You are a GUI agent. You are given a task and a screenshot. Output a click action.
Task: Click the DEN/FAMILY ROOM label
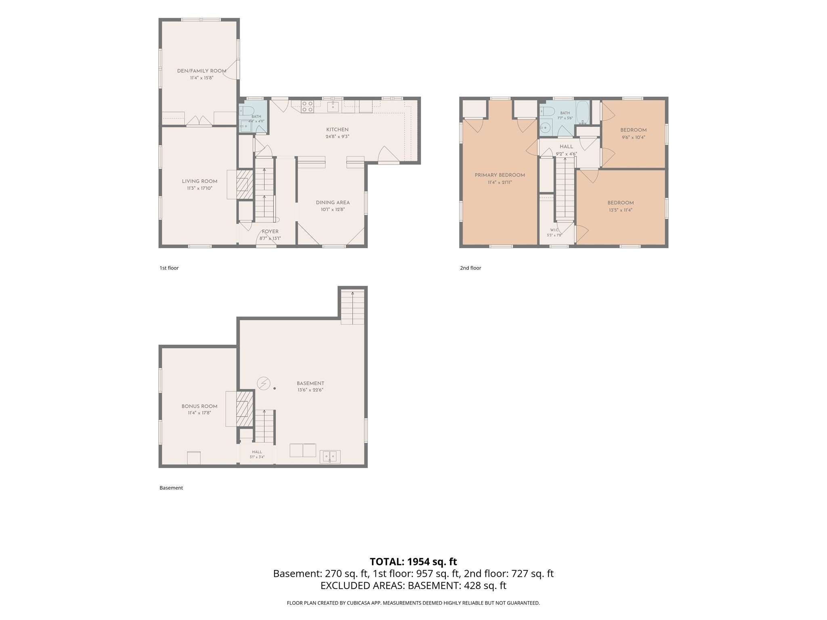tap(202, 71)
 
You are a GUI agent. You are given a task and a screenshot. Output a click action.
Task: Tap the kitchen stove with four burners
tap(308, 106)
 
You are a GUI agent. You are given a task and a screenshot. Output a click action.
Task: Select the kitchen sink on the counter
tap(333, 107)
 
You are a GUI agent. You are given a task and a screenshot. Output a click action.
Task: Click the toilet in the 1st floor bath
tap(246, 111)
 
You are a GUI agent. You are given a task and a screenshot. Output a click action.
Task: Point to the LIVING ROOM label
tap(199, 181)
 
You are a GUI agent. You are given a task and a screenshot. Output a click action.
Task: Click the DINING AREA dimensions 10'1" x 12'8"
tap(333, 209)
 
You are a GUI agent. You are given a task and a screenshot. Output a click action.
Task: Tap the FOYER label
tap(270, 231)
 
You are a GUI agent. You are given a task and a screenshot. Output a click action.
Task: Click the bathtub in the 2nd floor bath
tap(582, 113)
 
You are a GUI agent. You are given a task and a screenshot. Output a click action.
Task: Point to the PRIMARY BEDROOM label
tap(500, 175)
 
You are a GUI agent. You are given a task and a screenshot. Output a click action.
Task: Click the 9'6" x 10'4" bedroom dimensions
tap(633, 137)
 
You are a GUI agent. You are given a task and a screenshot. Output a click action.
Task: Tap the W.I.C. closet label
tap(554, 230)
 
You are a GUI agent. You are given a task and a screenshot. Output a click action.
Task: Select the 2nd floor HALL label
tap(566, 147)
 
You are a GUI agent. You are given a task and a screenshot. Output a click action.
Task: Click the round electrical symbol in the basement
tap(264, 383)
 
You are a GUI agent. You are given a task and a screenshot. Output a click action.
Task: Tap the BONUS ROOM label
tap(199, 406)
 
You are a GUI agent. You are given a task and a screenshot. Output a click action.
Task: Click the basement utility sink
tap(330, 457)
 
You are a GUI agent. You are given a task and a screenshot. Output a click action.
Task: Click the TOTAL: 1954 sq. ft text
tap(413, 561)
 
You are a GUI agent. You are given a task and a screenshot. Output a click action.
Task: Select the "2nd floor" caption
tap(470, 268)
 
